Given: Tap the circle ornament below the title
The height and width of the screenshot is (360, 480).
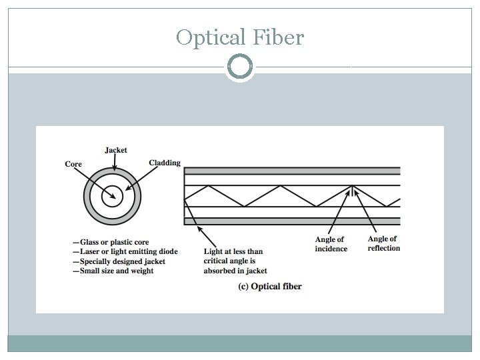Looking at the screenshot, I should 240,67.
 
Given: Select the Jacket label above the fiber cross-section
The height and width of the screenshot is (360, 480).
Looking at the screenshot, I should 116,150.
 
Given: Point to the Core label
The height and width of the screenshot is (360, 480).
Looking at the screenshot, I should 73,164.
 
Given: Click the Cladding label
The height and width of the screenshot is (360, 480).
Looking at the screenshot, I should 164,163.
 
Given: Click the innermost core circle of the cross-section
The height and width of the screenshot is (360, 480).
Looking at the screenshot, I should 113,196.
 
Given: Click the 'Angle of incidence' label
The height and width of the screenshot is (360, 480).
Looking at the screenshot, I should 331,244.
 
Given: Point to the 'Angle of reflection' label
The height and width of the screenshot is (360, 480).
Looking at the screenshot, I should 383,243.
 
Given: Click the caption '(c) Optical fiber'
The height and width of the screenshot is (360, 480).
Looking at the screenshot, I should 270,286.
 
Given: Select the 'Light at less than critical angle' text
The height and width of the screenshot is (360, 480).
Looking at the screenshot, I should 235,261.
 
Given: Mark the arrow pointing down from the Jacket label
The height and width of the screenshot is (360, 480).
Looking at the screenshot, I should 115,167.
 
